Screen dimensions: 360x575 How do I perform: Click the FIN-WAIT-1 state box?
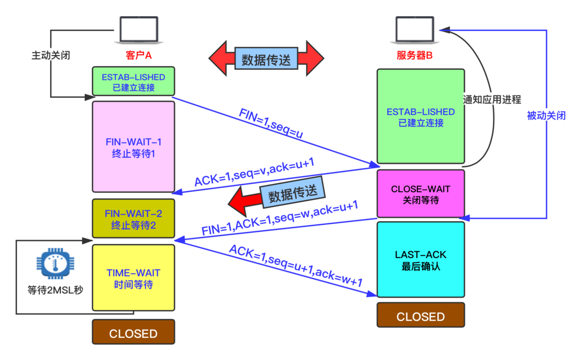tap(133, 147)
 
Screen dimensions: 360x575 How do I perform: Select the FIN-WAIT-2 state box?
tap(133, 219)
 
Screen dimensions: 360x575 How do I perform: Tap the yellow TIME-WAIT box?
tap(133, 278)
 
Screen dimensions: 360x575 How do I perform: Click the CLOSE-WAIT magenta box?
tap(421, 194)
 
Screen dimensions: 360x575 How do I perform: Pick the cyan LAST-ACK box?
tap(421, 260)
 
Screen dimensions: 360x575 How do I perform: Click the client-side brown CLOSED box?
tap(133, 333)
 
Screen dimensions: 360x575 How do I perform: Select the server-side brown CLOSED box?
tap(421, 317)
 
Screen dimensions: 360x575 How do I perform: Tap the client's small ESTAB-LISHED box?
tap(133, 82)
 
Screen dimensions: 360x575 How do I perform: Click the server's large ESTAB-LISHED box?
tap(421, 117)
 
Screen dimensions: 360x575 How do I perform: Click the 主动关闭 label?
tap(51, 55)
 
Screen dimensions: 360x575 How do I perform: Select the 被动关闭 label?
tap(546, 116)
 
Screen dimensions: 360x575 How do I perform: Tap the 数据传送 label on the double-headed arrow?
tap(266, 58)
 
